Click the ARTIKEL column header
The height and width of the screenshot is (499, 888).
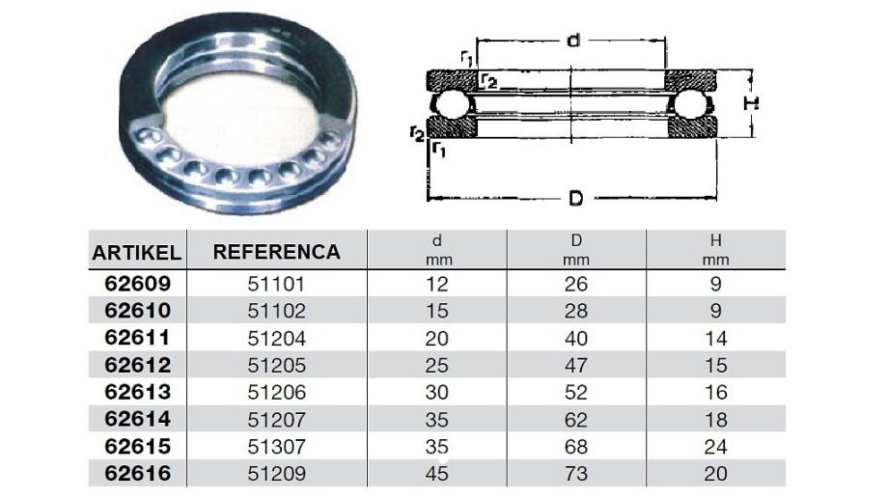coord(136,253)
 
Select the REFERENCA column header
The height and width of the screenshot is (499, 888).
coord(276,252)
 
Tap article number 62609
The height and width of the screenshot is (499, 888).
coord(138,283)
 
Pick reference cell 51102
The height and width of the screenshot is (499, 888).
coord(276,311)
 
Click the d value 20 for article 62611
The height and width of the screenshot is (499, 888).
coord(436,338)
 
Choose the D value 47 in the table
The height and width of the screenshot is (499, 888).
coord(576,366)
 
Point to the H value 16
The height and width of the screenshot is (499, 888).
coord(716,392)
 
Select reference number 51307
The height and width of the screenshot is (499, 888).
coord(276,447)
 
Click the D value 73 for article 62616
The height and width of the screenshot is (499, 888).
coord(576,474)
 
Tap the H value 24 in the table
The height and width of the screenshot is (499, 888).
coord(716,447)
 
